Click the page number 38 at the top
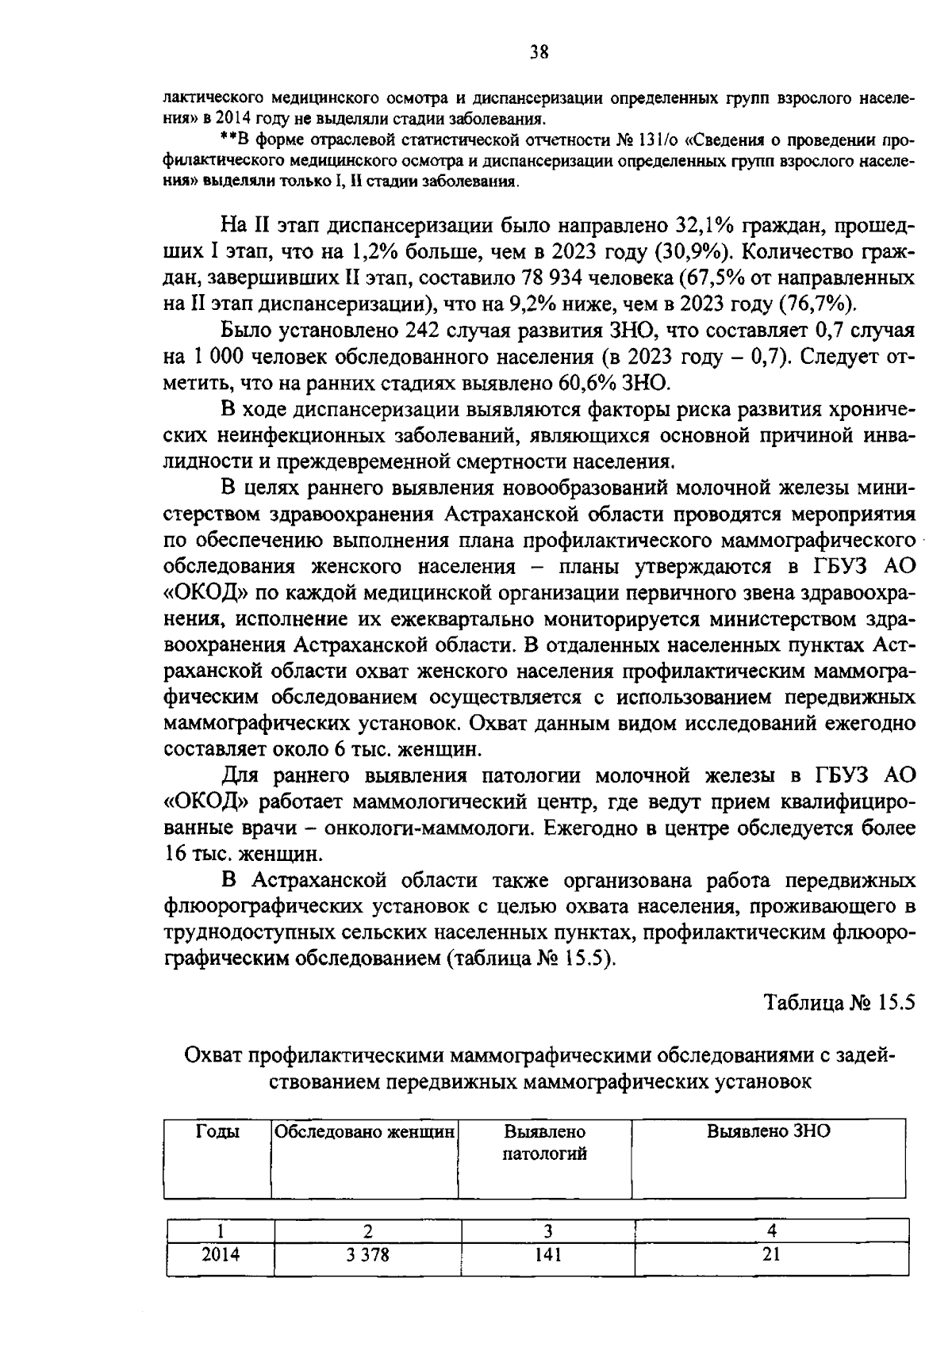(x=539, y=53)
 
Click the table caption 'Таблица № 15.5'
(x=840, y=1001)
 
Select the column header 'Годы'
(x=217, y=1132)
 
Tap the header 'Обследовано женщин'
(x=365, y=1132)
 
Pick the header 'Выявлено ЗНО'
(x=768, y=1131)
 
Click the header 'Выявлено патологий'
(x=545, y=1142)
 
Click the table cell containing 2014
(x=220, y=1254)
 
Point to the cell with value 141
(x=547, y=1254)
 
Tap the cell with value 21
(x=771, y=1254)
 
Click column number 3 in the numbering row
(x=547, y=1231)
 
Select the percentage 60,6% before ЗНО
(x=587, y=384)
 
